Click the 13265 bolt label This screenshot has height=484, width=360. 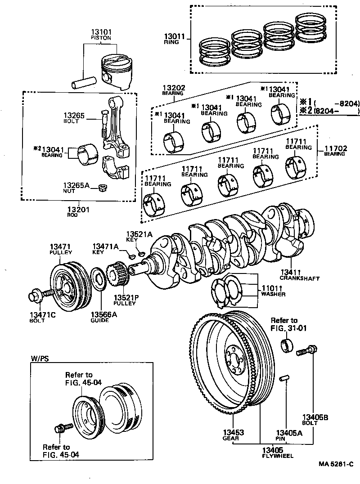[74, 116]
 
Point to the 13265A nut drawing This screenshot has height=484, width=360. [102, 187]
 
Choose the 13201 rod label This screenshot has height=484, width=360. [78, 209]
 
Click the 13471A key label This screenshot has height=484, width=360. [105, 246]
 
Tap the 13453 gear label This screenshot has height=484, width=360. [233, 433]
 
